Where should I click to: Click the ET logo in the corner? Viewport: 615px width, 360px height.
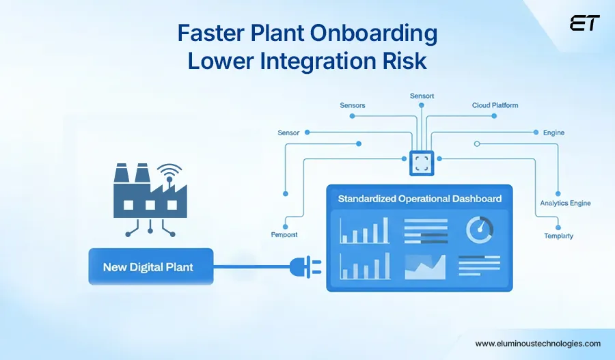point(584,23)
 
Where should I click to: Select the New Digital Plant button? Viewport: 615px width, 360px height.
point(148,266)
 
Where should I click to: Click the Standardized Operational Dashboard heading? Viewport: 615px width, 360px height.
point(420,199)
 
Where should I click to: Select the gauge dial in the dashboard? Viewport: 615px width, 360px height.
point(480,230)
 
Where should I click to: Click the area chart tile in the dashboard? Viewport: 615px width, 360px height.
point(424,266)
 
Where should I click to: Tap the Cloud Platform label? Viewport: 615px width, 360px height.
point(495,105)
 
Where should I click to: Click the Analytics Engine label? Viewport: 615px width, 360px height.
point(565,203)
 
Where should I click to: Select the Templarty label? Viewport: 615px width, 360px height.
point(558,236)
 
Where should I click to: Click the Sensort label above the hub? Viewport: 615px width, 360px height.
point(422,96)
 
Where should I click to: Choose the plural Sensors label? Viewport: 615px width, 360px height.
point(353,105)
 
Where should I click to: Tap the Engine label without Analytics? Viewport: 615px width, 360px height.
point(553,133)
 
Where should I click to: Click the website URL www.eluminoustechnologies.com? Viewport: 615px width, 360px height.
point(538,344)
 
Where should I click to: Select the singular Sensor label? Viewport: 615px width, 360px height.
point(288,133)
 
